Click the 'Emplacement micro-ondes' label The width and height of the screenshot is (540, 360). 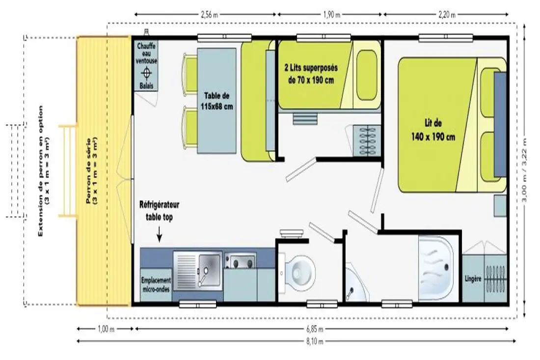coord(156,285)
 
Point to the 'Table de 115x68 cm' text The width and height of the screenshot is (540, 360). coord(216,101)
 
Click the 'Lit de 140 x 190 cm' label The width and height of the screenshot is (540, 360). coord(433,130)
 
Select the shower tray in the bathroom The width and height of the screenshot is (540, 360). coord(435,268)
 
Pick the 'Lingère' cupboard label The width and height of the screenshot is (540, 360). coord(472,279)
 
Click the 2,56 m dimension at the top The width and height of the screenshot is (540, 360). coord(209,14)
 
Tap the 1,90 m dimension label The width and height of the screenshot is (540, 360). coord(331,14)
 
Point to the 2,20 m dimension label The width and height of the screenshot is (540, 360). coord(447,14)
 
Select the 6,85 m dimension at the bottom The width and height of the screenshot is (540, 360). coord(315,329)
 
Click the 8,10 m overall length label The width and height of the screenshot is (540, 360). coord(315,341)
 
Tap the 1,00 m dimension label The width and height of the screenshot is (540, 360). coord(106,329)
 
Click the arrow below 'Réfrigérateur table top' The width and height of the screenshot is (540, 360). coord(159,234)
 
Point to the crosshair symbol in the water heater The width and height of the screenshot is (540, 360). coord(147,73)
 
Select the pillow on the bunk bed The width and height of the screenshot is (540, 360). coord(366,75)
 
